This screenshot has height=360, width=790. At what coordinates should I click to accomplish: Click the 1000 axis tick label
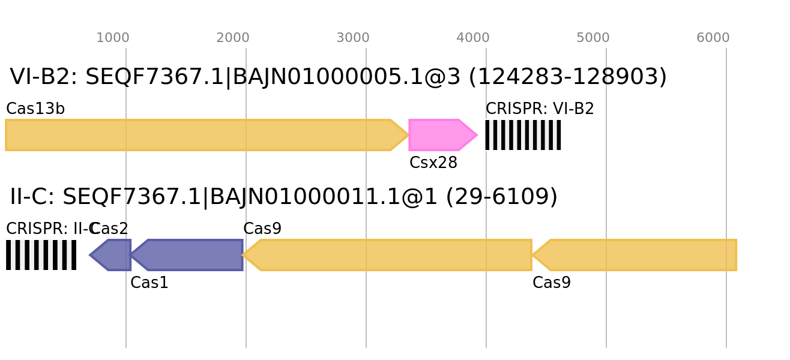click(112, 38)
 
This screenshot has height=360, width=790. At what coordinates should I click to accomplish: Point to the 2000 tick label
click(232, 38)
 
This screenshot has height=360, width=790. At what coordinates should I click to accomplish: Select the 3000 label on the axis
click(352, 38)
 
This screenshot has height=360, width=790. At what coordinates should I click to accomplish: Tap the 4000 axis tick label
click(472, 38)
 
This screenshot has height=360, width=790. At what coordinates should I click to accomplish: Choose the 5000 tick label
click(592, 38)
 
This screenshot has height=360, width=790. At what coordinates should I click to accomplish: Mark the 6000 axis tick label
click(713, 38)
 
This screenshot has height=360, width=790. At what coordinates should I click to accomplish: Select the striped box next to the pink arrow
click(523, 135)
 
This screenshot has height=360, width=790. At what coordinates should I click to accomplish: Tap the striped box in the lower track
click(41, 255)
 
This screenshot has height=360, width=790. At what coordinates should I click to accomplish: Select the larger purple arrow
click(189, 255)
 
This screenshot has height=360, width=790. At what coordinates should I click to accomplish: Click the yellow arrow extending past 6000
click(636, 255)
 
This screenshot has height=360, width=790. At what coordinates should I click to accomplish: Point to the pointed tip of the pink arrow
click(477, 135)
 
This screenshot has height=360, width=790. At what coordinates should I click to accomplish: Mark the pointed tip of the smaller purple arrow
click(89, 255)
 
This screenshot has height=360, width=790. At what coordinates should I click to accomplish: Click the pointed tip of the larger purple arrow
click(131, 255)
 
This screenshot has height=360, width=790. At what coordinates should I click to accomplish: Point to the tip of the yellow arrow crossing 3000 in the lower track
click(243, 255)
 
